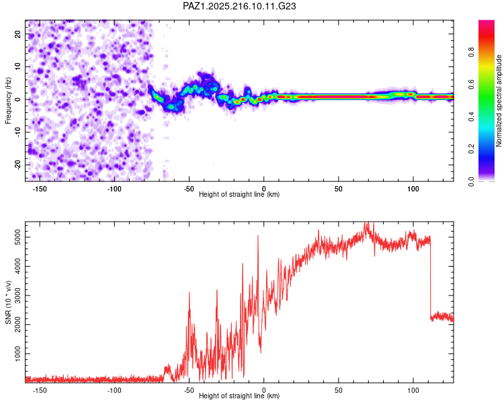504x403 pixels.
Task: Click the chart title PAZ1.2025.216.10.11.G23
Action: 239,6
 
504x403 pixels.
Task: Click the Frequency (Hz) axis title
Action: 8,101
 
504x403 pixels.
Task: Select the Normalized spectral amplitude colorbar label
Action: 499,101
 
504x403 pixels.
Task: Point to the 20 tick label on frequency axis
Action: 17,34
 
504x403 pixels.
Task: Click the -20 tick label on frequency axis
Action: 17,165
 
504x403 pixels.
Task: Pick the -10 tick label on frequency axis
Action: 17,132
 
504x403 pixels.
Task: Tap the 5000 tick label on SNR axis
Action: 17,237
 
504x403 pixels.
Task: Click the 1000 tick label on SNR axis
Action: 17,353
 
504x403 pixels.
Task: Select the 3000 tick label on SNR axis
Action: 17,296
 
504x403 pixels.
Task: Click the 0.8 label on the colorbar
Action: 471,52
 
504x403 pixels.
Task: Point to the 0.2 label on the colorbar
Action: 471,149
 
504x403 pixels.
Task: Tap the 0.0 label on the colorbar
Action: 471,181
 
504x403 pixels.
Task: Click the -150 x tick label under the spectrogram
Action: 40,189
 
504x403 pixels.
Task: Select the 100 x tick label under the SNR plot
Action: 413,390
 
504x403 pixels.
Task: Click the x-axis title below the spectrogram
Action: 239,194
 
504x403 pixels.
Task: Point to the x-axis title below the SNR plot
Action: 239,396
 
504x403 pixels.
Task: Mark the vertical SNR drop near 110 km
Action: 430,278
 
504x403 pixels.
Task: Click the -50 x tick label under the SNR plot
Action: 189,390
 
